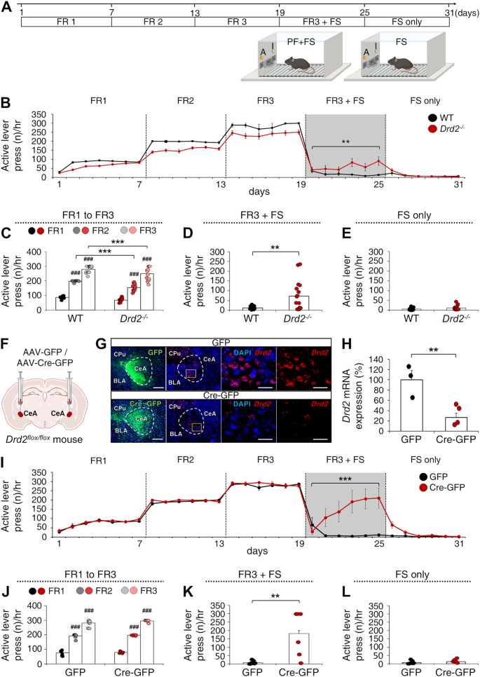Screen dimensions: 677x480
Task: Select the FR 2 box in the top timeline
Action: tap(153, 22)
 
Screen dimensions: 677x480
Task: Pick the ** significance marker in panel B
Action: tap(345, 142)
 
